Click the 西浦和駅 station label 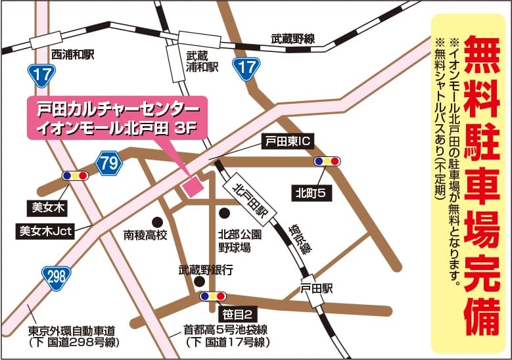point(73,55)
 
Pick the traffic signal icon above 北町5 point(327,161)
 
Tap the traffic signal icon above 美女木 point(75,176)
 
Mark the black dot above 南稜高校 point(157,221)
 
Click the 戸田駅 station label point(317,288)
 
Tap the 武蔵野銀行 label point(206,269)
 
